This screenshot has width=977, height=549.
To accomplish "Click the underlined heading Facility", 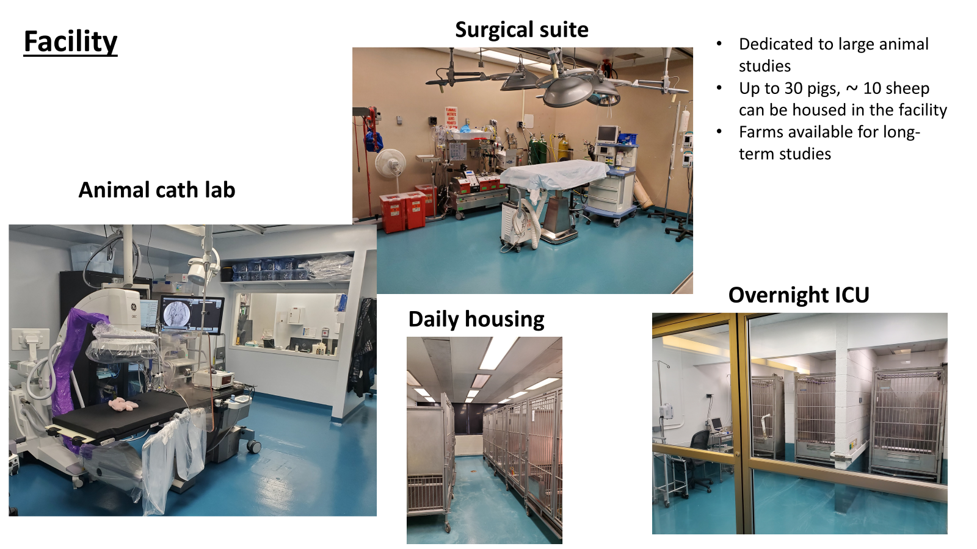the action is pyautogui.click(x=70, y=42).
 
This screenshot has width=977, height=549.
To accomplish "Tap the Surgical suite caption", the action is pyautogui.click(x=521, y=30).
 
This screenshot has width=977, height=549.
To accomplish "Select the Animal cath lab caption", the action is pyautogui.click(x=157, y=190).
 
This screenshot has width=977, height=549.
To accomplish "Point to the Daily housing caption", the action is pyautogui.click(x=476, y=320).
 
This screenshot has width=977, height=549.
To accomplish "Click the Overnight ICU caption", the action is pyautogui.click(x=799, y=295).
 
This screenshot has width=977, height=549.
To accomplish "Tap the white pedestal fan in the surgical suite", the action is pyautogui.click(x=390, y=168).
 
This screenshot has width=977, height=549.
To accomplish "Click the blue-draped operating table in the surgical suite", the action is pyautogui.click(x=553, y=174).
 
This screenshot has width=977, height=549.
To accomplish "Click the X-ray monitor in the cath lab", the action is pyautogui.click(x=191, y=312).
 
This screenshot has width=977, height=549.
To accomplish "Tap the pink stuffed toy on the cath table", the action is pyautogui.click(x=123, y=404).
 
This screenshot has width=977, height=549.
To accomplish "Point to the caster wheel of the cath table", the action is pyautogui.click(x=253, y=446).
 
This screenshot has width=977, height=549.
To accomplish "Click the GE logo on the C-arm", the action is pyautogui.click(x=134, y=307).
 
